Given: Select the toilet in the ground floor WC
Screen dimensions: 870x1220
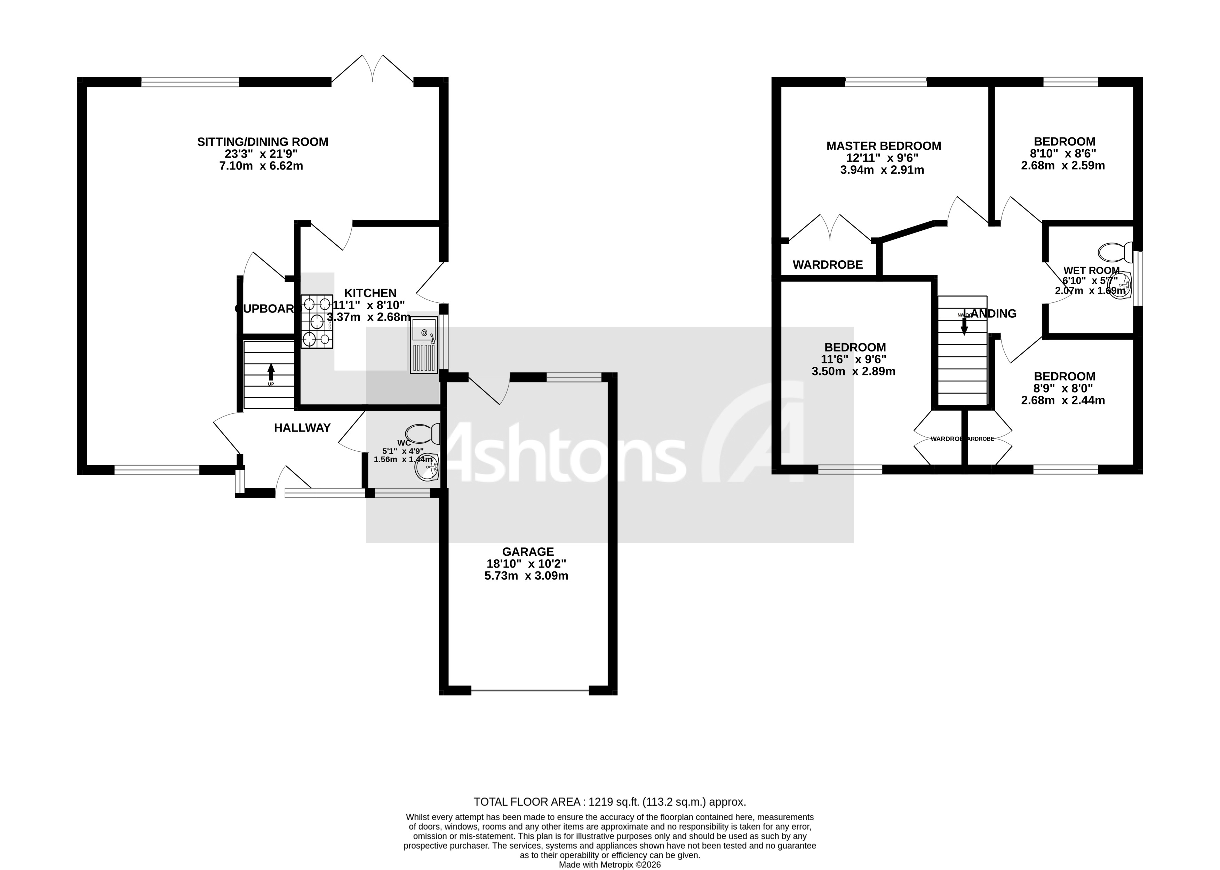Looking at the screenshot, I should pos(423,433).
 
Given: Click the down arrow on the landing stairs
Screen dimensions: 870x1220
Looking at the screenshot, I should pos(964,323).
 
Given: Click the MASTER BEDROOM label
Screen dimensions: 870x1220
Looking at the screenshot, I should pos(883,146).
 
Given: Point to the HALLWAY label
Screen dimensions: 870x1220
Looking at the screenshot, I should pos(302,427).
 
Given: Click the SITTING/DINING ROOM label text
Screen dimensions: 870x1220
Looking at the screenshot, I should pos(262,142).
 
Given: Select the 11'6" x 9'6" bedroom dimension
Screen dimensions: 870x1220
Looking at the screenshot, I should pos(855,359).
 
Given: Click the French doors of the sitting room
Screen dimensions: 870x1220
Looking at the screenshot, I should pos(373,70).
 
